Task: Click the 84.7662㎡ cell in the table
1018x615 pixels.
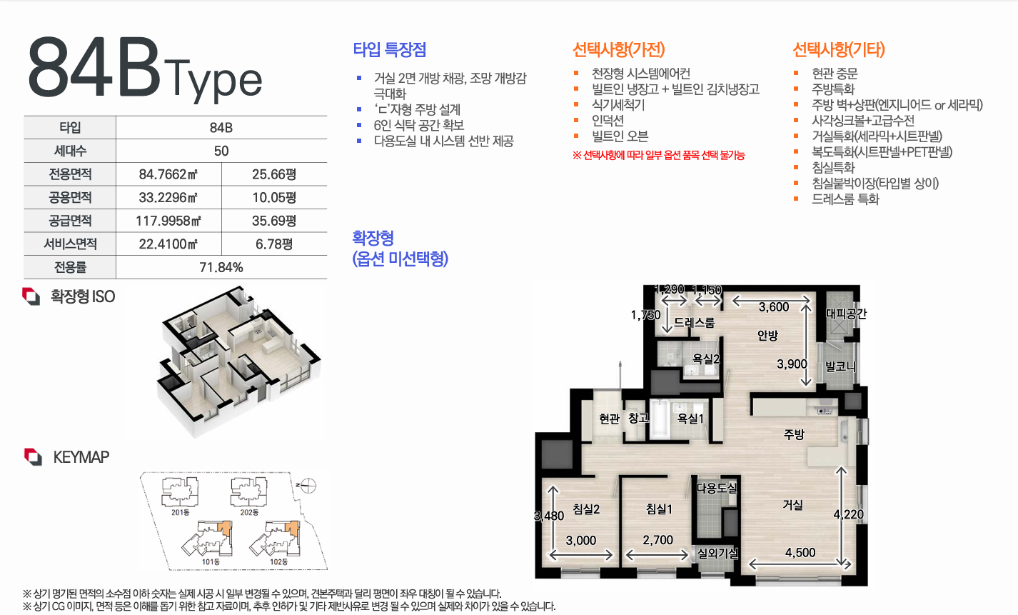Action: (x=168, y=174)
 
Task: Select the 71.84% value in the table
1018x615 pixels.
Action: (x=221, y=267)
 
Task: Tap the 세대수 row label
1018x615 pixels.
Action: (x=70, y=151)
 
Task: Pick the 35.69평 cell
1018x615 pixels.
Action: (x=274, y=221)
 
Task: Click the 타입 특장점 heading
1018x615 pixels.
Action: (x=390, y=50)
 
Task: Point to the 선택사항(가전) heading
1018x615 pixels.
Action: (x=618, y=50)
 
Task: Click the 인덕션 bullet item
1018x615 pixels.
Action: (x=608, y=121)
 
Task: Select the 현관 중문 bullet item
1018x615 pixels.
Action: (x=835, y=74)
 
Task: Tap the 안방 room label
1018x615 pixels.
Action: (x=767, y=335)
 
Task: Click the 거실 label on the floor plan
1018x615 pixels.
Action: (x=792, y=504)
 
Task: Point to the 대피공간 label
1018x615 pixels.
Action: (x=846, y=314)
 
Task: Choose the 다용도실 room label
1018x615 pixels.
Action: (x=717, y=489)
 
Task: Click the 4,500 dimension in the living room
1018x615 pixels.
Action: (x=800, y=552)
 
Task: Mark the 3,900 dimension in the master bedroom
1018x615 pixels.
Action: (x=792, y=364)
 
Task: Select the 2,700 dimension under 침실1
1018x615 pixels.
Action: (x=657, y=541)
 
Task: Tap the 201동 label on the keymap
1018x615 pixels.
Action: (x=181, y=512)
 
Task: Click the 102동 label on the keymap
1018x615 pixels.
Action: (x=279, y=562)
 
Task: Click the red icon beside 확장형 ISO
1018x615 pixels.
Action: (x=31, y=296)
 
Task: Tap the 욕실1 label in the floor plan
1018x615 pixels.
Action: (x=690, y=419)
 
